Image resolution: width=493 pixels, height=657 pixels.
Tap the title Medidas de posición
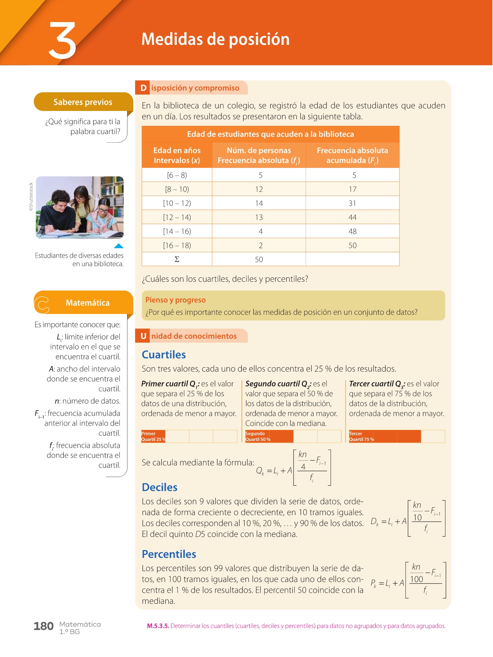click(215, 39)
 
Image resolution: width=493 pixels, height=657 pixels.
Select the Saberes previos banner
click(83, 102)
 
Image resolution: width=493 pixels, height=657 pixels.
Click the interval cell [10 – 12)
click(177, 203)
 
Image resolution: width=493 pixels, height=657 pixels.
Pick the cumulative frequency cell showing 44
click(352, 218)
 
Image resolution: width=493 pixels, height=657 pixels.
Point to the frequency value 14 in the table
click(259, 203)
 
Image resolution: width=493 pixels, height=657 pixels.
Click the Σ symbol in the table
click(177, 260)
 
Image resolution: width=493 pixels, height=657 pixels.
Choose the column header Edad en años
click(177, 150)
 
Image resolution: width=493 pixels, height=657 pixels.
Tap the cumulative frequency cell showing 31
click(352, 203)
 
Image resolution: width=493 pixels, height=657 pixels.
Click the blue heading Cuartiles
click(164, 355)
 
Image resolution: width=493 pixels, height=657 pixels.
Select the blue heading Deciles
click(160, 488)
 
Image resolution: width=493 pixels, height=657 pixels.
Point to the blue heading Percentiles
click(169, 554)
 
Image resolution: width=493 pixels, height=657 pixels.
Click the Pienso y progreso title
click(175, 300)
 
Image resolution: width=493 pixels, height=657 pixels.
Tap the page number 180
click(43, 626)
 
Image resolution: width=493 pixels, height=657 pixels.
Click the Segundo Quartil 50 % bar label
click(258, 437)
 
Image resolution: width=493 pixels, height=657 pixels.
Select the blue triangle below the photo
click(119, 246)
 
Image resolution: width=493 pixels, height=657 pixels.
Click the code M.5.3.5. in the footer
click(158, 626)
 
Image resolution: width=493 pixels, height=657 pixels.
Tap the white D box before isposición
click(144, 88)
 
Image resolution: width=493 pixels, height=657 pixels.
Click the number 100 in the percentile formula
click(416, 580)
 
